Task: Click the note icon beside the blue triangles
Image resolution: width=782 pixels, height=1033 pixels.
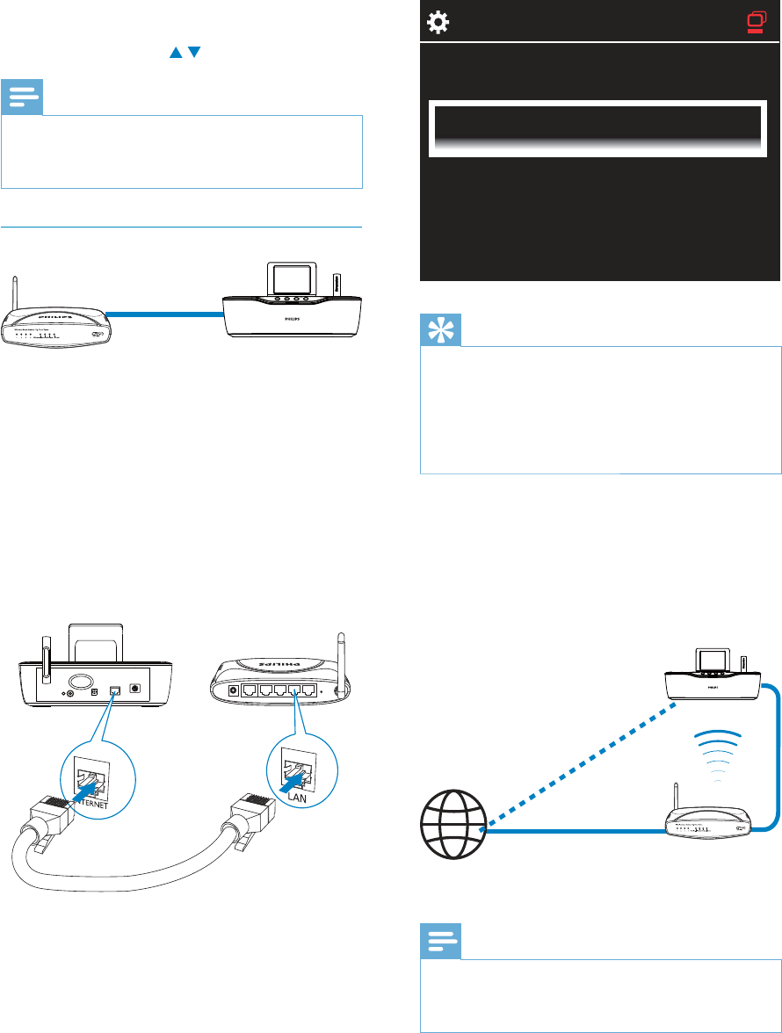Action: point(21,98)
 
